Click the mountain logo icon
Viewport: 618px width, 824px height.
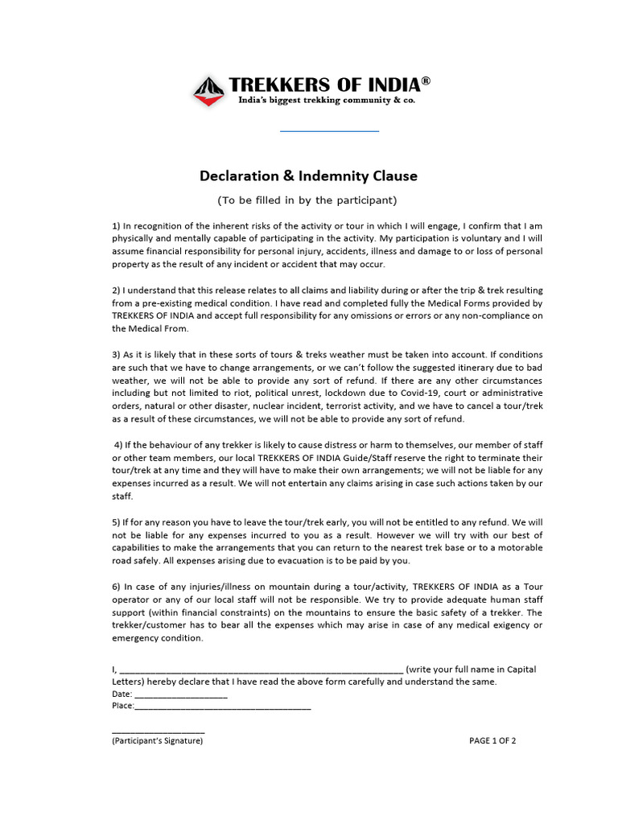(208, 91)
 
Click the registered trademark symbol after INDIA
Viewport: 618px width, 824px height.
(426, 81)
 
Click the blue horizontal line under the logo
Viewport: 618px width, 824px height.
(329, 130)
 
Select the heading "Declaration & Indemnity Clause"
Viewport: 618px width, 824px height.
(308, 175)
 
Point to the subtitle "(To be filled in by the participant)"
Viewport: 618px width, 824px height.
(308, 200)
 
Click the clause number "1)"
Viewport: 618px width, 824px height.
(116, 225)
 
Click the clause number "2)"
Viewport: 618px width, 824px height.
(116, 290)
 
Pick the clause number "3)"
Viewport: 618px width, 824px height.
(116, 355)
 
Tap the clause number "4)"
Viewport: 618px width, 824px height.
(119, 445)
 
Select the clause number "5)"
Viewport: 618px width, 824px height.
(116, 521)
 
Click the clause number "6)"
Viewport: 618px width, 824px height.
(116, 587)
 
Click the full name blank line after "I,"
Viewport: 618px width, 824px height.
(262, 670)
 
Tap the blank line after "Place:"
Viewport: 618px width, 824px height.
(222, 707)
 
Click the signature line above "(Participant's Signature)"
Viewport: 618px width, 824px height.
(159, 731)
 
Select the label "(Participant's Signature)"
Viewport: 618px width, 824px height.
(158, 741)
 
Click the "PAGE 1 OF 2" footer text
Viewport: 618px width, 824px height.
(492, 741)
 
